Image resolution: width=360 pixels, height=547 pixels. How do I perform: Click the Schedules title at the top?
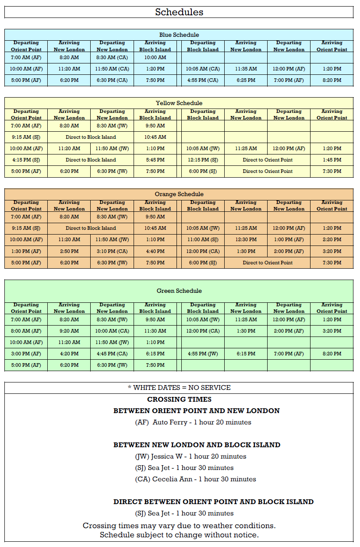pyautogui.click(x=179, y=12)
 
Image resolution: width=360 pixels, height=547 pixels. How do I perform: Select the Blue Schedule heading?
pyautogui.click(x=179, y=35)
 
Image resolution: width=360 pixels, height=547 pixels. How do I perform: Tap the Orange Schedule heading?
pyautogui.click(x=179, y=194)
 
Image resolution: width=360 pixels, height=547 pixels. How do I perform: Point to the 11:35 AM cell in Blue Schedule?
pyautogui.click(x=246, y=69)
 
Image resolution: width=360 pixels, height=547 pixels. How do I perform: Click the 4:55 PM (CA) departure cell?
pyautogui.click(x=203, y=80)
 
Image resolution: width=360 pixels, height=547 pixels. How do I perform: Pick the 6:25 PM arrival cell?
pyautogui.click(x=246, y=80)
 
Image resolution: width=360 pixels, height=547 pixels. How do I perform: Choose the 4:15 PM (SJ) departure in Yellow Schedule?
pyautogui.click(x=26, y=160)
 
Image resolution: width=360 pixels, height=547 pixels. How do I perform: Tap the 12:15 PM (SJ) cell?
pyautogui.click(x=203, y=160)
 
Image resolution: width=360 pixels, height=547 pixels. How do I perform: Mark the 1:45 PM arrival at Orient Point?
pyautogui.click(x=332, y=160)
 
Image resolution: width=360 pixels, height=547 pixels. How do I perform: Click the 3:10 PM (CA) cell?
pyautogui.click(x=112, y=251)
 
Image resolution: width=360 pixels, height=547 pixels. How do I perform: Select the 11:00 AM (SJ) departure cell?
pyautogui.click(x=203, y=239)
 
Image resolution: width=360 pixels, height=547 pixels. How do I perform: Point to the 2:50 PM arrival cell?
pyautogui.click(x=69, y=251)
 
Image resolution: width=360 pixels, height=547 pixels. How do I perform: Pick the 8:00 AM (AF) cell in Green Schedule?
pyautogui.click(x=26, y=331)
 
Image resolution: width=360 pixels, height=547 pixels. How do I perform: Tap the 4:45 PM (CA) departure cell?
pyautogui.click(x=112, y=354)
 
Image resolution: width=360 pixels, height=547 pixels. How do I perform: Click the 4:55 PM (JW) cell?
pyautogui.click(x=203, y=354)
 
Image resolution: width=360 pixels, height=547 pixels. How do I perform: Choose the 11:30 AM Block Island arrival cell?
pyautogui.click(x=155, y=331)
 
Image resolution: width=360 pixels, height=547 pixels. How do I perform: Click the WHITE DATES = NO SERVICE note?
pyautogui.click(x=179, y=387)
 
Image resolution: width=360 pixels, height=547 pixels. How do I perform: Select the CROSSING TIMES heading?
pyautogui.click(x=179, y=399)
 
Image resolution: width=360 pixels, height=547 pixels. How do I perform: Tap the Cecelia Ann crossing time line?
pyautogui.click(x=195, y=479)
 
